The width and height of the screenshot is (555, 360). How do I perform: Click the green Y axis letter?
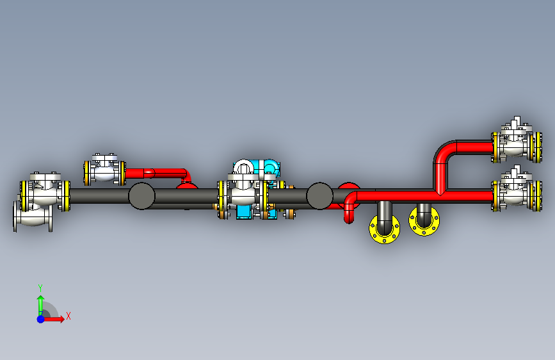click(40, 288)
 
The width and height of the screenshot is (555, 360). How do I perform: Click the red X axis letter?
click(68, 316)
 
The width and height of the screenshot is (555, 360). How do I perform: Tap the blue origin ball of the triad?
click(41, 319)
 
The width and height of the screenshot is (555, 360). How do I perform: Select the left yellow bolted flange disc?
click(384, 229)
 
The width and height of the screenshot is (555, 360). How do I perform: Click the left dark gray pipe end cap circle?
click(141, 196)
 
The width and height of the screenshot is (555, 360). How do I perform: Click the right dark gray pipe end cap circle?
click(319, 196)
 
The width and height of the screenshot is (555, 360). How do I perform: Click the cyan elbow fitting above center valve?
click(271, 168)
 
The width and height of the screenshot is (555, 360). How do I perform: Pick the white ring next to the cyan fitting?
click(243, 167)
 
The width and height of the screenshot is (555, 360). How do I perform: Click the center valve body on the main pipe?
click(243, 193)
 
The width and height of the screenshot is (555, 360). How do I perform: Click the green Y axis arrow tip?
click(41, 296)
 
